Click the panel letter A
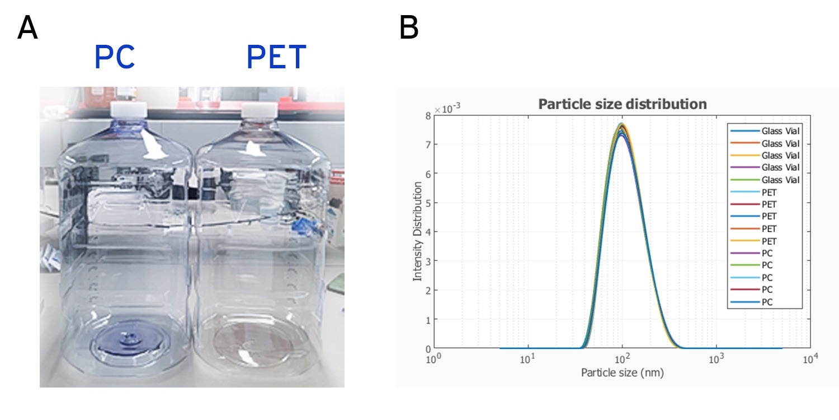pyautogui.click(x=27, y=27)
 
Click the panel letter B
pyautogui.click(x=409, y=27)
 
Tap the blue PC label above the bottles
pyautogui.click(x=115, y=57)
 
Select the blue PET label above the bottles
pyautogui.click(x=276, y=57)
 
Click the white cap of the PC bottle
pyautogui.click(x=128, y=109)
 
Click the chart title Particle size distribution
pyautogui.click(x=622, y=104)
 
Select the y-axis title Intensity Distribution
pyautogui.click(x=417, y=231)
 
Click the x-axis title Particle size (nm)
pyautogui.click(x=622, y=372)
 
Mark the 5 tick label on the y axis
pyautogui.click(x=427, y=203)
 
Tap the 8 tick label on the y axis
pyautogui.click(x=427, y=115)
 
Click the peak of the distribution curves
pyautogui.click(x=621, y=126)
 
